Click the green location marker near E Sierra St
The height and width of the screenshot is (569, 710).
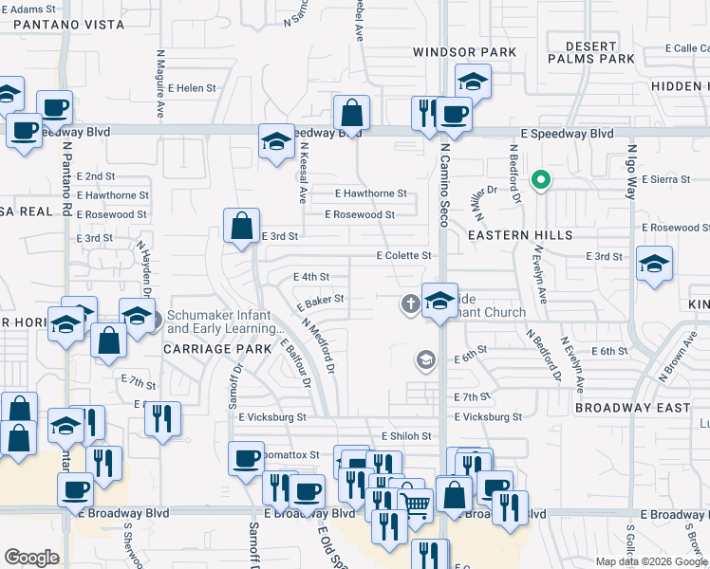tap(541, 178)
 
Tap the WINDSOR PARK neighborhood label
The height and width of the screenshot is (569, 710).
tap(465, 52)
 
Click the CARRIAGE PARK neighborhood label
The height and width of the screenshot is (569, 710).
tap(211, 348)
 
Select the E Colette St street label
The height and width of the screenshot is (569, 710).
tap(403, 256)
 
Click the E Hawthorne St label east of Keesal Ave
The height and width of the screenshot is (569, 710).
tap(370, 193)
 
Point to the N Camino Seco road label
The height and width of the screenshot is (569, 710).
tap(443, 190)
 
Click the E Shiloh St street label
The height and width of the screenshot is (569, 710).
tap(406, 436)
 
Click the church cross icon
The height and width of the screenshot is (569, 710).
tap(410, 304)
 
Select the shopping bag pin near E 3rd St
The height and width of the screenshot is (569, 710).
tap(242, 226)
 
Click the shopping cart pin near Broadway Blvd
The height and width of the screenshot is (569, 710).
tap(415, 503)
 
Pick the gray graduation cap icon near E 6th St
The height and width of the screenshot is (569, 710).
tap(425, 359)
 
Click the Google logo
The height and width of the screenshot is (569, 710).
tap(31, 558)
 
